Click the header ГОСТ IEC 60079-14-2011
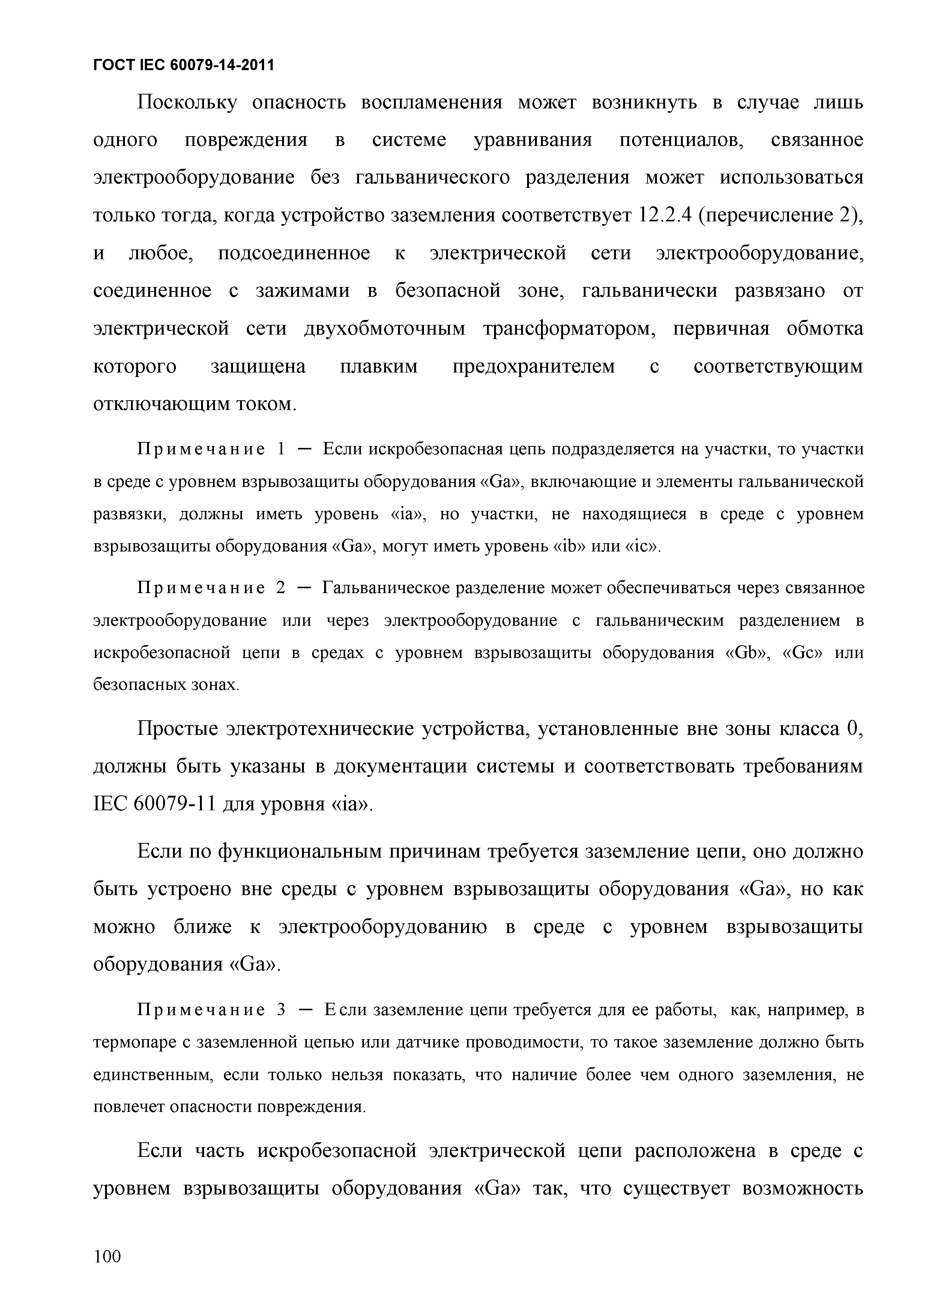click(x=183, y=66)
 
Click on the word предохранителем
click(x=533, y=367)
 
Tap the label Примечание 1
click(x=211, y=449)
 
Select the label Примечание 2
click(x=211, y=588)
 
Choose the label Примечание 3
click(x=211, y=1010)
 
